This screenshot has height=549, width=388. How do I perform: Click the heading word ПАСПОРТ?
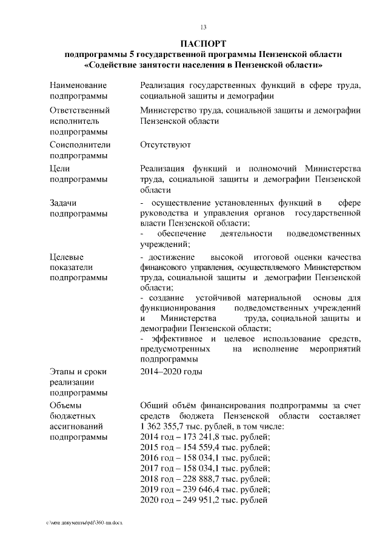204,44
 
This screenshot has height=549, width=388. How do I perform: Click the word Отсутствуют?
166,145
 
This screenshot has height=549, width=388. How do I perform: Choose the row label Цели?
61,168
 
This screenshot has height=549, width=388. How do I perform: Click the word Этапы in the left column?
63,371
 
